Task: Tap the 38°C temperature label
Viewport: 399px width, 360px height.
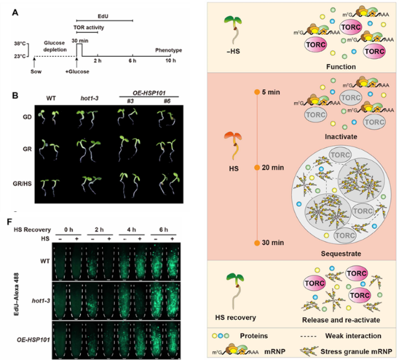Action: pyautogui.click(x=20, y=44)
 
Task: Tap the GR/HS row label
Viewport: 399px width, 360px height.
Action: pyautogui.click(x=21, y=184)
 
